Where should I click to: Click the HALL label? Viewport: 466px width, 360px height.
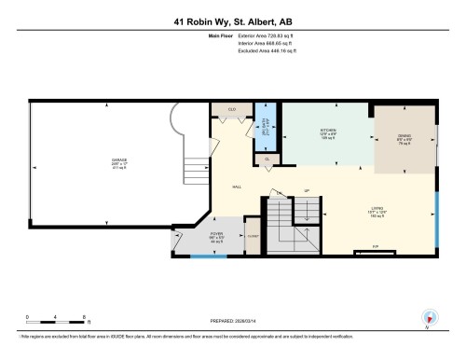(238, 187)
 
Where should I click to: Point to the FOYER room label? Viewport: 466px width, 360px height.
(216, 237)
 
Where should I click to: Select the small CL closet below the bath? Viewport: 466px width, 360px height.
(267, 160)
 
